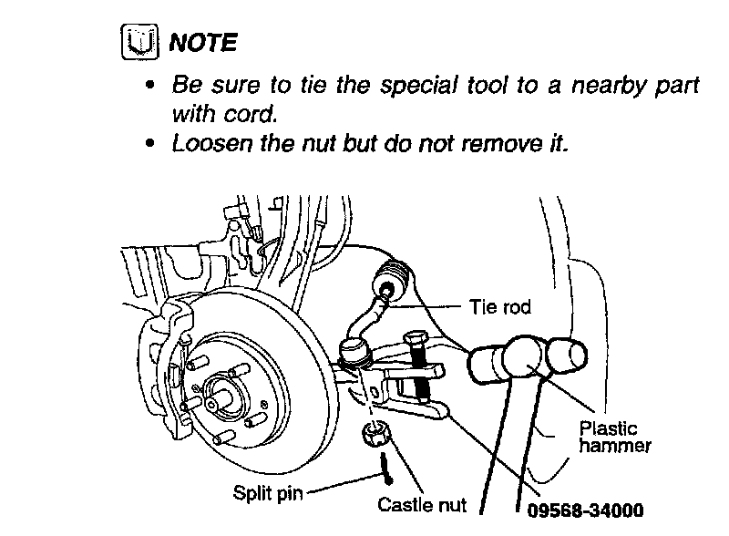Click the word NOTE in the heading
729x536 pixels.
point(205,42)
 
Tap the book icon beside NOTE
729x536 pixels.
point(135,43)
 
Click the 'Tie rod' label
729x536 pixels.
point(499,307)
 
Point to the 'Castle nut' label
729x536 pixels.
point(422,503)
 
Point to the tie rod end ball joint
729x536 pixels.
point(354,350)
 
